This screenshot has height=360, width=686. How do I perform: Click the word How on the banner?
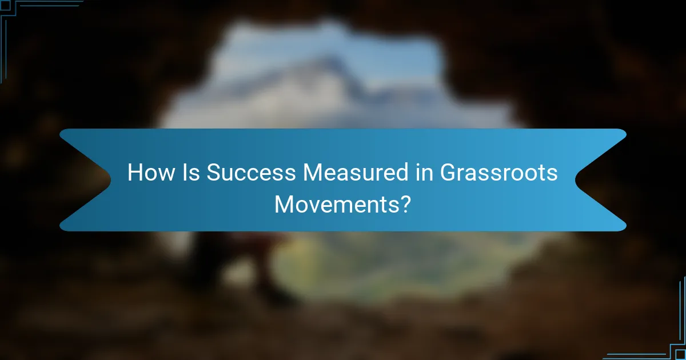(x=150, y=173)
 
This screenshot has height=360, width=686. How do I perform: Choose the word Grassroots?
(x=498, y=173)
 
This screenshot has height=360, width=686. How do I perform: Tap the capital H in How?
(x=134, y=173)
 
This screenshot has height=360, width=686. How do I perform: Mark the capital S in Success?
(x=212, y=173)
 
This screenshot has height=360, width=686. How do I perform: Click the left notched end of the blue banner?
(x=86, y=180)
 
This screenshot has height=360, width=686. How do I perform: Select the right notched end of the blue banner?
(x=600, y=180)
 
